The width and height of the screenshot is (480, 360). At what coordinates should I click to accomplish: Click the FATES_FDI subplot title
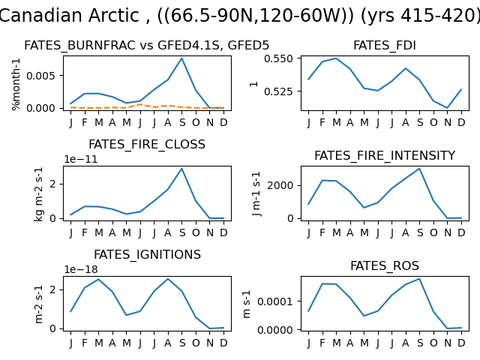tap(385, 45)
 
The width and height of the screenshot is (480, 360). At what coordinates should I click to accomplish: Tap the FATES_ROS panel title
tap(385, 265)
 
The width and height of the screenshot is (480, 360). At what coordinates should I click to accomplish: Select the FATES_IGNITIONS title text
tap(147, 254)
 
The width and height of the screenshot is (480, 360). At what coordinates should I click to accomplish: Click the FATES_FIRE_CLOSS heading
tap(147, 144)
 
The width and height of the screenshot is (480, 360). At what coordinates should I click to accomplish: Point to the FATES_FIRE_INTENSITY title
tap(385, 155)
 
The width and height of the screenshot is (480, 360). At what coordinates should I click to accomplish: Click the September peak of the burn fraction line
tap(181, 58)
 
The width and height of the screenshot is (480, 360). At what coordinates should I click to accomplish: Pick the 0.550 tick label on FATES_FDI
tap(278, 58)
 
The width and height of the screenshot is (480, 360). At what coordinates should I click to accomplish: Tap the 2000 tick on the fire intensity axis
tap(280, 185)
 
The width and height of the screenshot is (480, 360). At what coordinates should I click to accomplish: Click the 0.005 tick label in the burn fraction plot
tap(40, 75)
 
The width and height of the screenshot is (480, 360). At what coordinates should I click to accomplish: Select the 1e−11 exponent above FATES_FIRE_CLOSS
tap(81, 159)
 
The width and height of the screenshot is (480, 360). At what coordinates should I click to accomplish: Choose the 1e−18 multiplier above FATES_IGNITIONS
tap(81, 269)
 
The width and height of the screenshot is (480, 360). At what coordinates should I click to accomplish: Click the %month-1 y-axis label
tap(16, 84)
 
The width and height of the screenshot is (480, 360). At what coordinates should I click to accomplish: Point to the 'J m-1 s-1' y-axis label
tap(256, 193)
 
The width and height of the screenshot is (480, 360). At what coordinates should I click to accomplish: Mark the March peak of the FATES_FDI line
tap(336, 58)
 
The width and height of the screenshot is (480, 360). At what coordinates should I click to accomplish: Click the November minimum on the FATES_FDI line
tap(447, 108)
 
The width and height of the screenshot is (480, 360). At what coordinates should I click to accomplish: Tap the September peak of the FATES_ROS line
tap(419, 278)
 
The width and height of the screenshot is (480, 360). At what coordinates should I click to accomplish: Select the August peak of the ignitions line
tap(168, 278)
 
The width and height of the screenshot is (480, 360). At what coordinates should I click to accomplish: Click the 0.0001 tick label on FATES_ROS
tap(275, 301)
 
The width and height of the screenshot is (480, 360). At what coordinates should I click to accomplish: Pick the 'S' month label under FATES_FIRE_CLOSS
tap(182, 233)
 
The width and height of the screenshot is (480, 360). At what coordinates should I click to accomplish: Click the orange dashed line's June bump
tap(140, 104)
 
